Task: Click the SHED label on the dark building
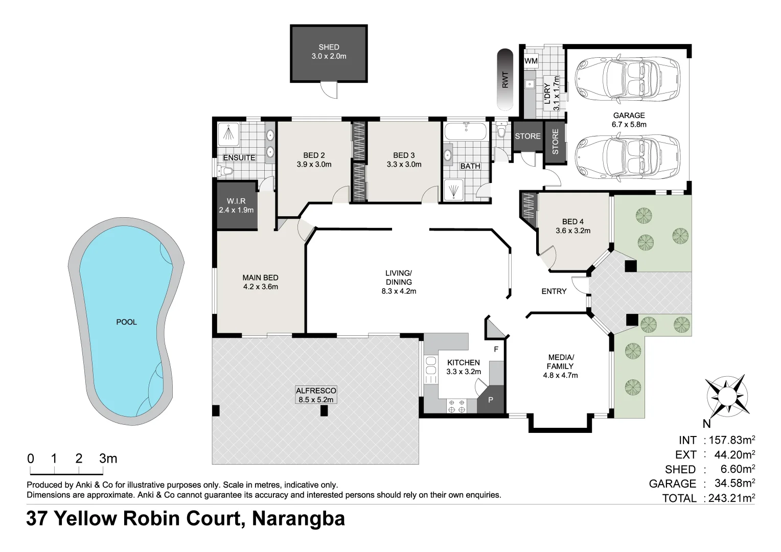coord(329,47)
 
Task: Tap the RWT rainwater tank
coord(505,79)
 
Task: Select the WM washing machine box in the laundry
coord(531,61)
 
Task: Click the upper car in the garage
coord(628,79)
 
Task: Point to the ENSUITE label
coord(239,157)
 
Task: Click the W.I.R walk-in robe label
coord(236,201)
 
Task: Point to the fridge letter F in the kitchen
coord(495,350)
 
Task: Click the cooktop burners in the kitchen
coord(456,406)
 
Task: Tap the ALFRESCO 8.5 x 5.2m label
coord(316,395)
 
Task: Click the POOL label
coord(126,322)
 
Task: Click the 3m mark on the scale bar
coord(108,458)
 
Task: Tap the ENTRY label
coord(554,291)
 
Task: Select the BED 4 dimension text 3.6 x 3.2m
coord(573,231)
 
